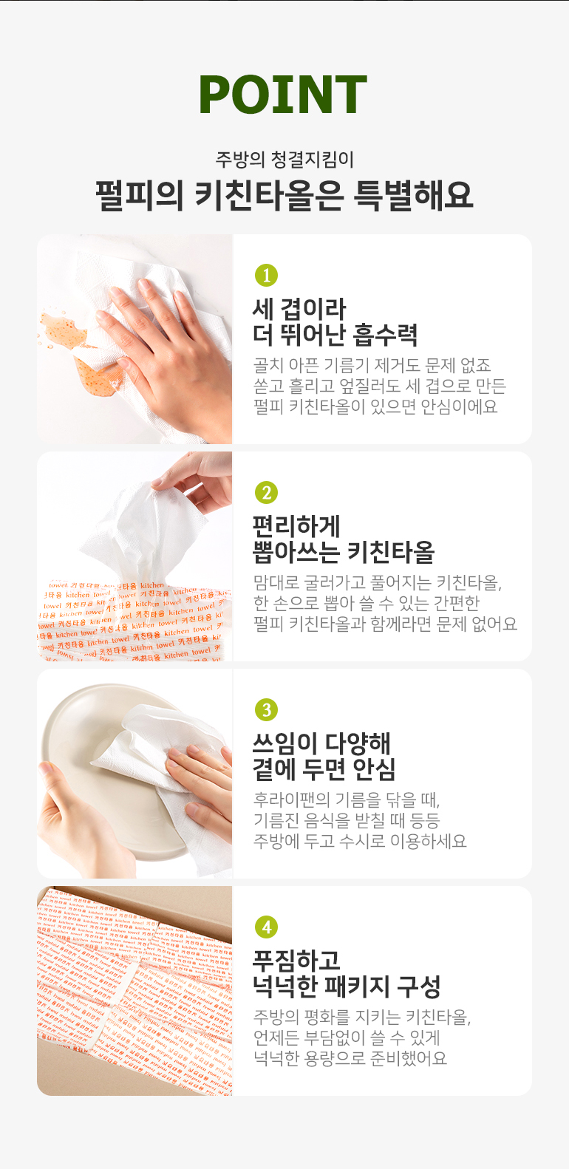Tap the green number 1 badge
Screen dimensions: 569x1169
point(266,275)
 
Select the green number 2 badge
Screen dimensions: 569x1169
point(266,492)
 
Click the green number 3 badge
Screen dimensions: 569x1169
point(266,709)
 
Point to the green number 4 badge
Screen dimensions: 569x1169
point(266,927)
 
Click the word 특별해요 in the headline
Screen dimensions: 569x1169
point(413,196)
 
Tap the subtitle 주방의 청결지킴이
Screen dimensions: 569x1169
point(284,159)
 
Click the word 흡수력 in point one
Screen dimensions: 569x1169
point(385,335)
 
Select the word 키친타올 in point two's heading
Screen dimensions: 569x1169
point(390,552)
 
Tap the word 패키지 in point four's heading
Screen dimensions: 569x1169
point(357,986)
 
